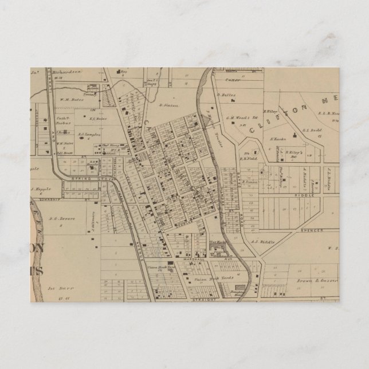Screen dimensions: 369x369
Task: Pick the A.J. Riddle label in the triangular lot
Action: [263, 241]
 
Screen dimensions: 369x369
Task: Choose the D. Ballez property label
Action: [226, 92]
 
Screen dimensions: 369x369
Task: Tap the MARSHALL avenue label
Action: [179, 258]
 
